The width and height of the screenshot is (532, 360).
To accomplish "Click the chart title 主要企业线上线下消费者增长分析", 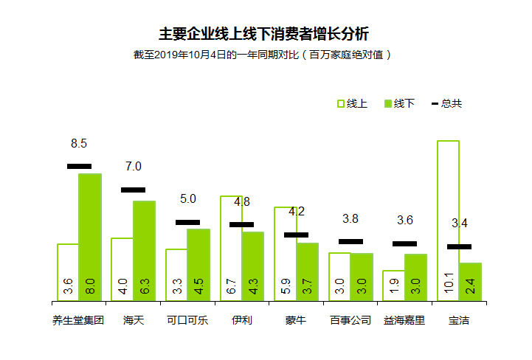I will (264, 34).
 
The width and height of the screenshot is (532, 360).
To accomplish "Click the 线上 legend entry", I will (352, 103).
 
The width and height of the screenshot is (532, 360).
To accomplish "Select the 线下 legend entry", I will (399, 103).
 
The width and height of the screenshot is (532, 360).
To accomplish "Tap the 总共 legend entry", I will (446, 103).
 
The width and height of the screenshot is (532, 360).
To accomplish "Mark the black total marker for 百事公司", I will (350, 241).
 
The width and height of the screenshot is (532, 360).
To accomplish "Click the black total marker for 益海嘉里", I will (404, 243).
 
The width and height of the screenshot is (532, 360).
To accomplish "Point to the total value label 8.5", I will (79, 143).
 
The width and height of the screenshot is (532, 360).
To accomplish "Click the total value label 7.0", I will (134, 167).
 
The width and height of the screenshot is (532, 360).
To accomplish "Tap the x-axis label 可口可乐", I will (187, 321).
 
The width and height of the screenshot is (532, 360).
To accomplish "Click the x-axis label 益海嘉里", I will (404, 321).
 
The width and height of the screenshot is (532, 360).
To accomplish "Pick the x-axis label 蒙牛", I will (296, 321).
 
